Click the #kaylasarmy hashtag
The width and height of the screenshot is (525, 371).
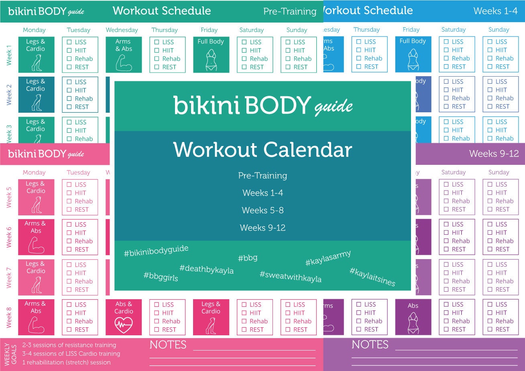(x=328, y=258)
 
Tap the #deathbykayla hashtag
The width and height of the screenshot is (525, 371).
(x=206, y=270)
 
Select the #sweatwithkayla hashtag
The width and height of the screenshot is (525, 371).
(x=290, y=277)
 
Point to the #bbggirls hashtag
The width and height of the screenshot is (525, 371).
(x=161, y=276)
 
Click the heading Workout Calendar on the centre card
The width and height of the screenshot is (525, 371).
(x=262, y=150)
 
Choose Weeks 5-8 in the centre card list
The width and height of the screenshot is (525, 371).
(x=262, y=210)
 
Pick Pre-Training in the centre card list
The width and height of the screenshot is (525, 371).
(x=262, y=175)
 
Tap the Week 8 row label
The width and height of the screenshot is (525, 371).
(x=9, y=317)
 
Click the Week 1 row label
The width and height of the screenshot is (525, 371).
(x=9, y=55)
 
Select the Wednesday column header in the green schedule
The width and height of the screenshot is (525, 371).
(x=122, y=30)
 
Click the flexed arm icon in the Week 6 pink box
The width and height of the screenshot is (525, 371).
(x=36, y=245)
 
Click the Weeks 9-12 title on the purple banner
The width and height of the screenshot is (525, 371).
(x=494, y=154)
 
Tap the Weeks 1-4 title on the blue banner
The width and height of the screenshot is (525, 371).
(x=495, y=11)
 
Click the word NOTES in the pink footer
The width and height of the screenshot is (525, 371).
(x=168, y=345)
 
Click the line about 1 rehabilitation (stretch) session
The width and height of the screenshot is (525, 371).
(x=66, y=362)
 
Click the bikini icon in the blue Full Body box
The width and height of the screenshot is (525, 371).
(x=413, y=60)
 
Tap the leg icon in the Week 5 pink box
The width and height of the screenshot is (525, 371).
(x=37, y=205)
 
